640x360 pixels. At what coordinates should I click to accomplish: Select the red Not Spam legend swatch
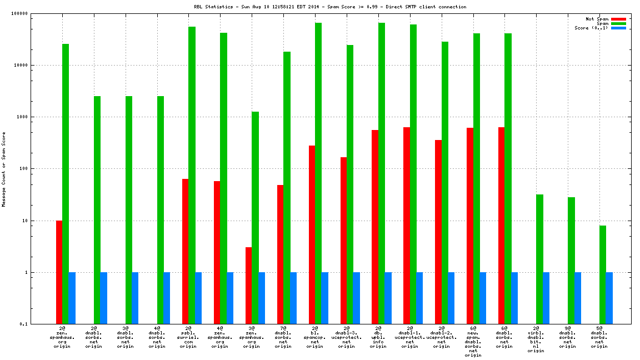pos(619,19)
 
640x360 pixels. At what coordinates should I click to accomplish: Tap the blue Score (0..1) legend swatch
pos(619,28)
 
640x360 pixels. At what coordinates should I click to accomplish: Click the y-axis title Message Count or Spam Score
pos(4,169)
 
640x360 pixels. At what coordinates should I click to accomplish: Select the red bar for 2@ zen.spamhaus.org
pos(59,272)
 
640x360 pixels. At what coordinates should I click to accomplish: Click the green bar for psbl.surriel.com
pos(192,175)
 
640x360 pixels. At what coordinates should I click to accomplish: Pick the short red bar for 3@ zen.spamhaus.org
pos(249,286)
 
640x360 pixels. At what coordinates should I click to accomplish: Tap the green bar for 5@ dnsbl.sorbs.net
pos(603,274)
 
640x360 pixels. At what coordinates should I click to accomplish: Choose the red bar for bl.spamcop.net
pos(312,234)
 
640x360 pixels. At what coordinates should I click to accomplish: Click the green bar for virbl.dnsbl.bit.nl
pos(539,259)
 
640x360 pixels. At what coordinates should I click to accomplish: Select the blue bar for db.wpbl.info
pos(388,298)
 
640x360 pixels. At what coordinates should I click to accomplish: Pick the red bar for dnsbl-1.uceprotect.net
pos(407,226)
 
